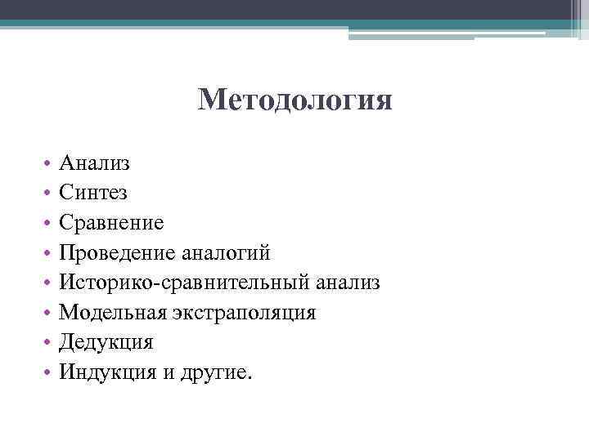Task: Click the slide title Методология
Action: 294,102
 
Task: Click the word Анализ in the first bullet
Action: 94,163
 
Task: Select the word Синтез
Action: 92,193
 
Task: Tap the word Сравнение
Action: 111,223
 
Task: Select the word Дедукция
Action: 106,342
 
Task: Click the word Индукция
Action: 109,372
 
